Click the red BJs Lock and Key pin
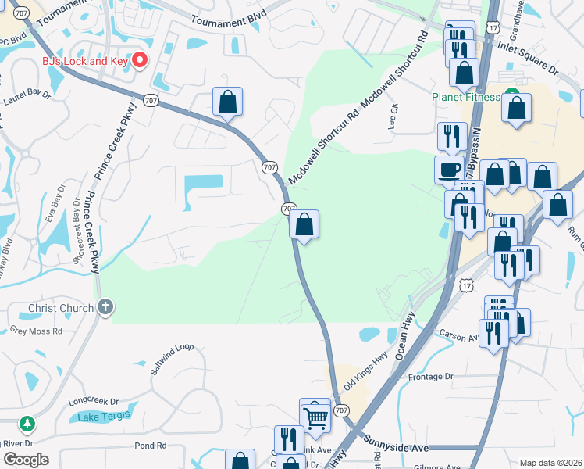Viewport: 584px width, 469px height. [141, 60]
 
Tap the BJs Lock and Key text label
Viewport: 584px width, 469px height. [85, 61]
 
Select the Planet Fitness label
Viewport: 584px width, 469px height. [465, 98]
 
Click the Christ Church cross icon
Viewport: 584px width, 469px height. [105, 307]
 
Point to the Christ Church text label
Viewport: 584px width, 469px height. [61, 308]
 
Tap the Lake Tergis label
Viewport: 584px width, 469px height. [105, 417]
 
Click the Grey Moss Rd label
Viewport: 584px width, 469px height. [35, 331]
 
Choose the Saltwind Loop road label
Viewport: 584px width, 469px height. [171, 358]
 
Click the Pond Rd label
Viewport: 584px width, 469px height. [151, 446]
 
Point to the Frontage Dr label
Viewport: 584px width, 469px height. [430, 377]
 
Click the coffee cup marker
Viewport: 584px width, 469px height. [449, 170]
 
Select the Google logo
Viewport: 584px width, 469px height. [27, 460]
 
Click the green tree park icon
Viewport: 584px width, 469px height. [27, 424]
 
